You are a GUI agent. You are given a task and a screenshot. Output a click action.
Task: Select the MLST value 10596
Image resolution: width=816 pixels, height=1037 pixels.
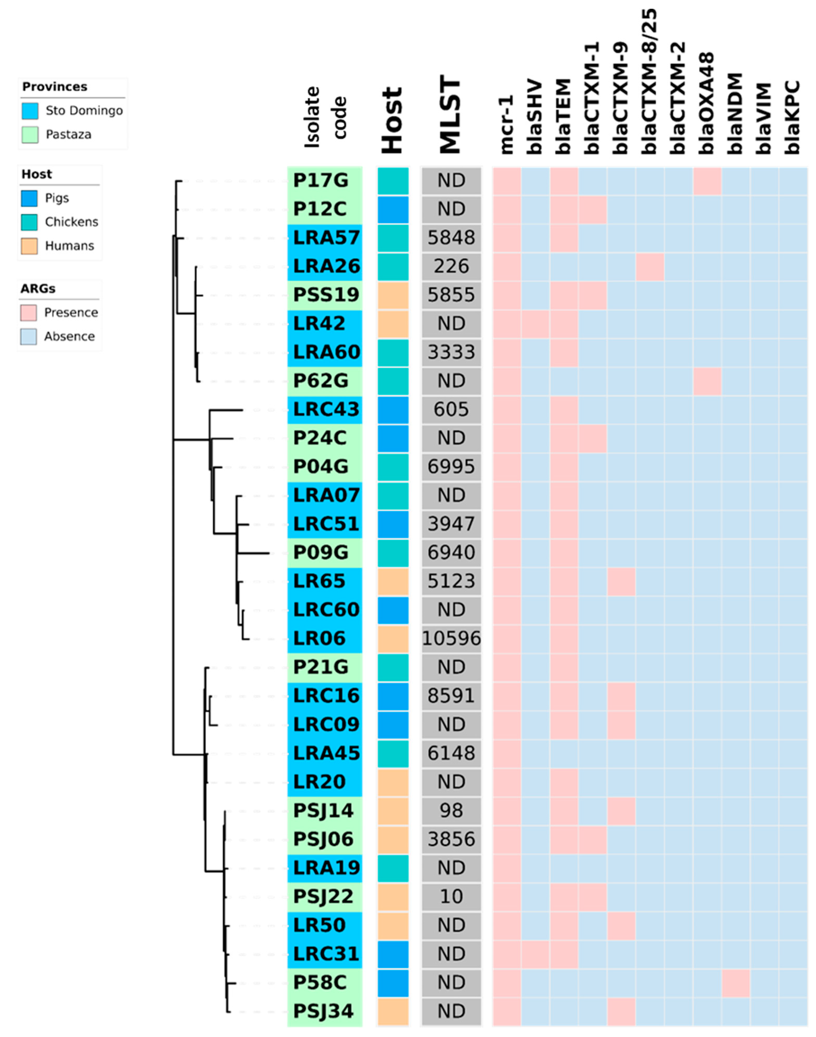[x=451, y=638]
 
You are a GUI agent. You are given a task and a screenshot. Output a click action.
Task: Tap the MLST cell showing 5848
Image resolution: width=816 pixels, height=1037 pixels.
[x=451, y=238]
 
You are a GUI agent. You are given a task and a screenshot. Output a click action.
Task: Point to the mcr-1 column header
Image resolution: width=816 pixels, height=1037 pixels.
[x=506, y=124]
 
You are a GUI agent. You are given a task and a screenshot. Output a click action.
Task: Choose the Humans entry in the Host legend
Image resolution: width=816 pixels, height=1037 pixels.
[x=69, y=246]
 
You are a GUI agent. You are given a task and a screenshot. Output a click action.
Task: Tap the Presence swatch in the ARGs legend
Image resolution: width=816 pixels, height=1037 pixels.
[x=29, y=313]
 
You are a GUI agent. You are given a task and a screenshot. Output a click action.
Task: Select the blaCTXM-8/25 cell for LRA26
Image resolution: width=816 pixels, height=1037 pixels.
[x=650, y=266]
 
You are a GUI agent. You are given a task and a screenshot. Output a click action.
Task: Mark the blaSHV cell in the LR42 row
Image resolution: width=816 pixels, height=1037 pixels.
[x=535, y=324]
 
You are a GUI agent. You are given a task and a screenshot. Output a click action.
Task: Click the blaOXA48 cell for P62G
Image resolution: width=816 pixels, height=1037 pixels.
[x=707, y=381]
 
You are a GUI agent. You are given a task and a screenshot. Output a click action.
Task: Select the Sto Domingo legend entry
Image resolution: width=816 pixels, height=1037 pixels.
[x=83, y=111]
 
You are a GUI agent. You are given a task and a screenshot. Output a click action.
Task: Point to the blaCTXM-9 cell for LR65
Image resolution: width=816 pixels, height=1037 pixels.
[x=621, y=581]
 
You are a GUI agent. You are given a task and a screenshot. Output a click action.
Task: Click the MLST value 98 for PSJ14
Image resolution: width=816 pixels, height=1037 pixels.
[x=451, y=810]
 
